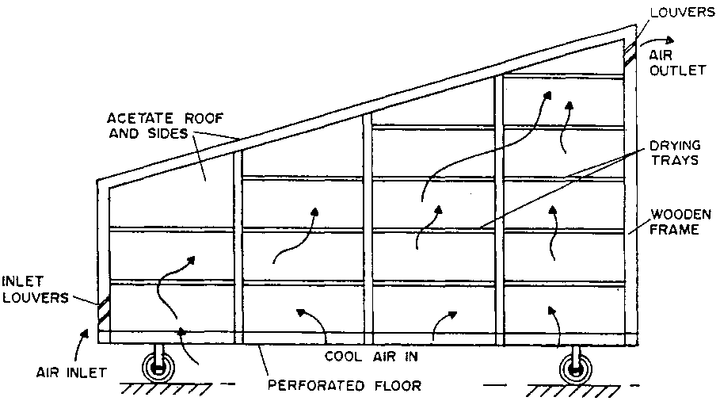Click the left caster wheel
(x=158, y=369)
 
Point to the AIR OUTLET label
(x=676, y=63)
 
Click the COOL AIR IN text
(x=371, y=357)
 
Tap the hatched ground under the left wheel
(x=158, y=388)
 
